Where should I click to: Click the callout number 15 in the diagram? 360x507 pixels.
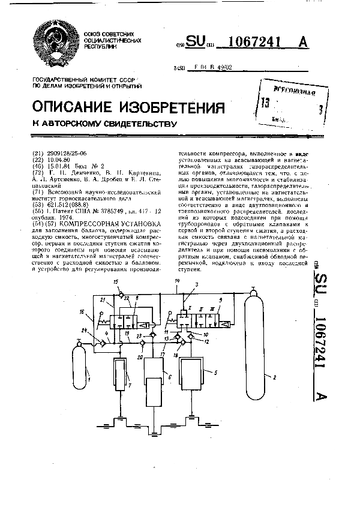116,281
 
